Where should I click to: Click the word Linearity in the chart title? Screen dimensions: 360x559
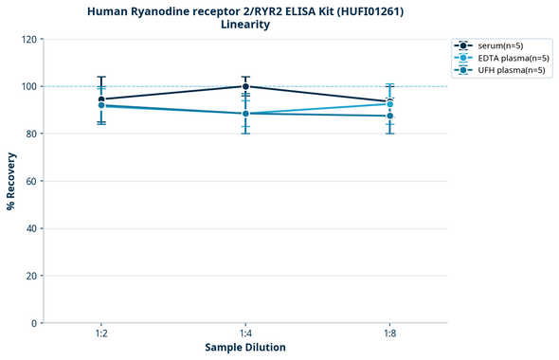[244, 25]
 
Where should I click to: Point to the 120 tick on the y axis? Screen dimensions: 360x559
[27, 39]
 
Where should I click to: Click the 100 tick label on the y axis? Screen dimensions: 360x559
[27, 86]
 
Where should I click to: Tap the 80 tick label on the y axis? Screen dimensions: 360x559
[30, 134]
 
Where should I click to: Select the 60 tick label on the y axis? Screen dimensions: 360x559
[30, 181]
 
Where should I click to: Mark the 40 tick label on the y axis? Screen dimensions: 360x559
[30, 228]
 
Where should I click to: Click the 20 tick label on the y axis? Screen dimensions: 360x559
[30, 276]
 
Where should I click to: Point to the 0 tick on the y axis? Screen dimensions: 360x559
[33, 323]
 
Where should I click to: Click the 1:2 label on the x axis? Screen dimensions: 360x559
[101, 333]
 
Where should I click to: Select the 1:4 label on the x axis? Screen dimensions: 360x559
[245, 333]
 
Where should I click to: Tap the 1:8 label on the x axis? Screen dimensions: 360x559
[389, 333]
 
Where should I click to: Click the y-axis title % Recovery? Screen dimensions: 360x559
[11, 180]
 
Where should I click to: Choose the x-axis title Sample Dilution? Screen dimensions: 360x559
[245, 348]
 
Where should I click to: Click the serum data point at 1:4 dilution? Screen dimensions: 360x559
[245, 86]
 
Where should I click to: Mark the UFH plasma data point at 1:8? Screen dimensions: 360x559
[389, 116]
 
